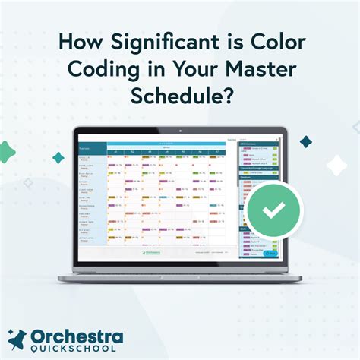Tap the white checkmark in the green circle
pyautogui.click(x=274, y=209)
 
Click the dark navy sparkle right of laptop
pyautogui.click(x=305, y=142)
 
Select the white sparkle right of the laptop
pyautogui.click(x=336, y=163)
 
